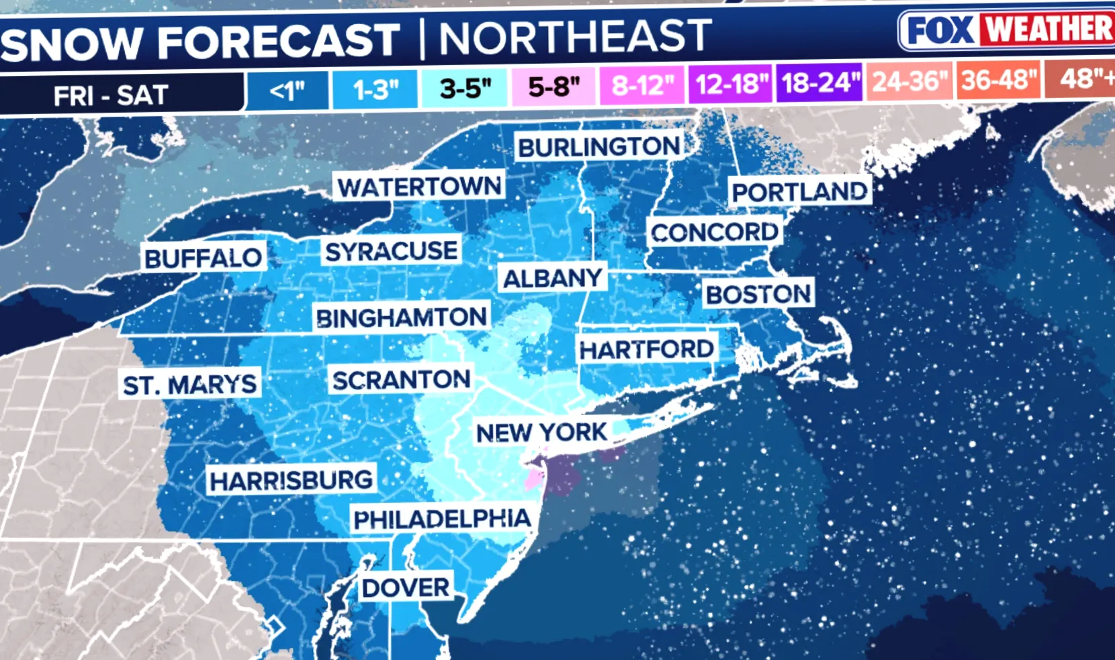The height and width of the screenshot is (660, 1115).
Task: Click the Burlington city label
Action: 599,146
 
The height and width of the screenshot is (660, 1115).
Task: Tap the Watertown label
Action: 419,187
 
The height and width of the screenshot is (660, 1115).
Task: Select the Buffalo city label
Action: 203,258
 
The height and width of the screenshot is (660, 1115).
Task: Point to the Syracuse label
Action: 391,251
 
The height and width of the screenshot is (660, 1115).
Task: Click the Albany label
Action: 552,278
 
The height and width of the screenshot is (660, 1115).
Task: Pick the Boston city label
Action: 758,294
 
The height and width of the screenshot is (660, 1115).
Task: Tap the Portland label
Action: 799,192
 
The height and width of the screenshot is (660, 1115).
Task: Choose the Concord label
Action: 714,232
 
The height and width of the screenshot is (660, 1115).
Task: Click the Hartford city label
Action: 646,349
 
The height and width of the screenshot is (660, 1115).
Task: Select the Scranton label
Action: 401,380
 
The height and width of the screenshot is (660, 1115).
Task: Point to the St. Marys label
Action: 189,385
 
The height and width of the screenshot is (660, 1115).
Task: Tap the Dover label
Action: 406,588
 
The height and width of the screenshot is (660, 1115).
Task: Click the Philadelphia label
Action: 442,519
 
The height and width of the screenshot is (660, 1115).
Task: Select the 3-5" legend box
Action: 465,88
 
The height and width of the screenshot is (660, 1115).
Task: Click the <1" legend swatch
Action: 287,90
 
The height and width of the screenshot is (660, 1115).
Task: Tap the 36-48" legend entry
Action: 999,81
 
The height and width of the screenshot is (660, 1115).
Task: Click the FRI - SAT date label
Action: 111,95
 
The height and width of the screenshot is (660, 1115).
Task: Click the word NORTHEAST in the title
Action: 575,36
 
